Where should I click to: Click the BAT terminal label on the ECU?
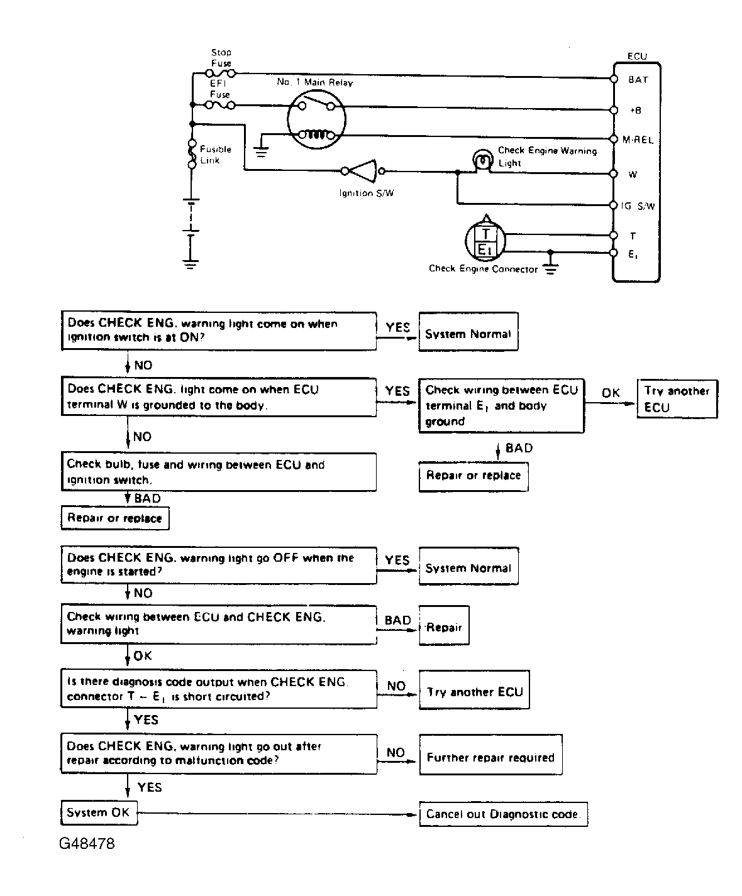pos(638,80)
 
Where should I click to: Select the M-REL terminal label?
pos(638,140)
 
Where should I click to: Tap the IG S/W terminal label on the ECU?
pos(638,206)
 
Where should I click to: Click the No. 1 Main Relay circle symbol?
pos(316,119)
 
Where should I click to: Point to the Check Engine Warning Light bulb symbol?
pos(483,160)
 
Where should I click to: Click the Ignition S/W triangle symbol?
pos(363,171)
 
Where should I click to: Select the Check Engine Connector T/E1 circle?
pos(485,241)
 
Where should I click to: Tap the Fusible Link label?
pos(216,155)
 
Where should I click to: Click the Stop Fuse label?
pos(221,58)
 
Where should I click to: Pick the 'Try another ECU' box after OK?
pos(677,398)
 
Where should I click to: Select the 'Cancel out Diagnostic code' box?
pos(503,814)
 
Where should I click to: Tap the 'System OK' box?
pos(99,813)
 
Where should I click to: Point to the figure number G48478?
pos(87,844)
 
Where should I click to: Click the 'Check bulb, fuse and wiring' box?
pos(219,472)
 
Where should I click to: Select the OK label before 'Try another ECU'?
pos(611,393)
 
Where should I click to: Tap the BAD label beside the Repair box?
pos(397,620)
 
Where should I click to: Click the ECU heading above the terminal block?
pos(637,56)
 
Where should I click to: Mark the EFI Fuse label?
pos(220,89)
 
